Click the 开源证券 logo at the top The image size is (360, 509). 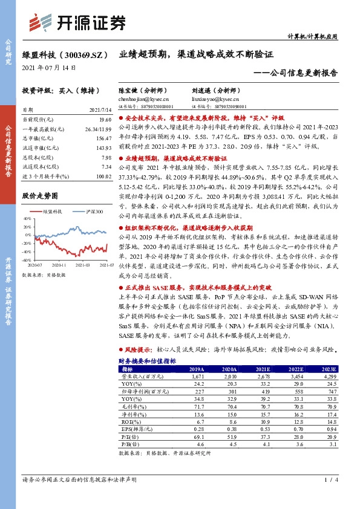tap(79, 23)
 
